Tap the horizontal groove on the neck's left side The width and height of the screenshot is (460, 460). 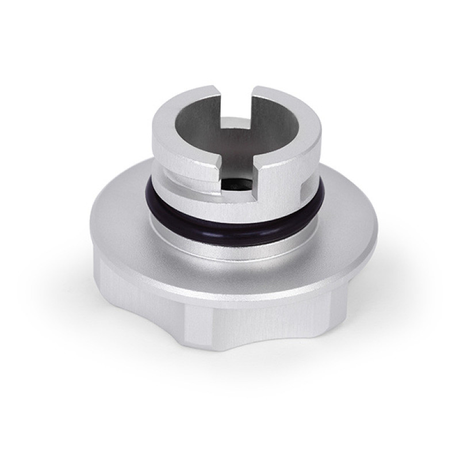point(172,172)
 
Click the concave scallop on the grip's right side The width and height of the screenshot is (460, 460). point(345,299)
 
